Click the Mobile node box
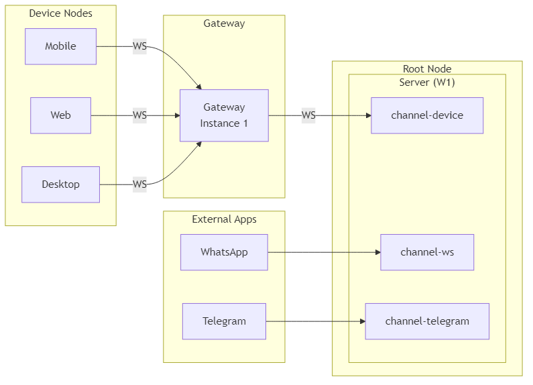[60, 46]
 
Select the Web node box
[60, 115]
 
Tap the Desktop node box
[60, 184]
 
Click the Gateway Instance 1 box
[224, 115]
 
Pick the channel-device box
[427, 115]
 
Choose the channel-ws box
[427, 252]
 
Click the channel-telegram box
[427, 321]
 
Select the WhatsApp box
[224, 252]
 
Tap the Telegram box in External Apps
[224, 321]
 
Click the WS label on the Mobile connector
[139, 46]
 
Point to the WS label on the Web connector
[139, 115]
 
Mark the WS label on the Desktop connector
[139, 184]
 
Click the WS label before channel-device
[308, 115]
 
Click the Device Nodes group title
[60, 13]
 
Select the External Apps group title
[224, 219]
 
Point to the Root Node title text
[427, 68]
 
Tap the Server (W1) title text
[427, 82]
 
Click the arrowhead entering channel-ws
[377, 252]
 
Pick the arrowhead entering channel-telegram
[361, 321]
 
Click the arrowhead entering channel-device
[367, 115]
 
